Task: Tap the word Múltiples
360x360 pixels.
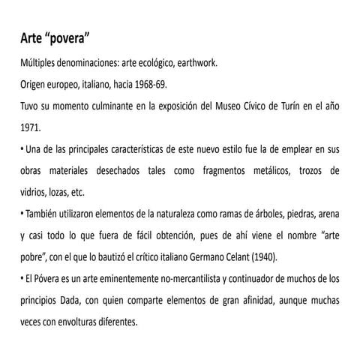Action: tap(40, 63)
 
